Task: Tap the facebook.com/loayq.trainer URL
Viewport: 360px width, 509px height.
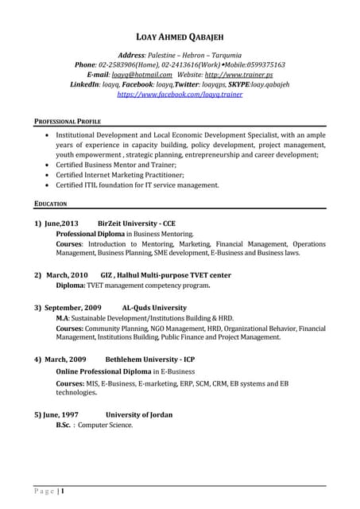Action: pyautogui.click(x=180, y=94)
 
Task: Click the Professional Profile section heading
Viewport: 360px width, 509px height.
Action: pyautogui.click(x=67, y=121)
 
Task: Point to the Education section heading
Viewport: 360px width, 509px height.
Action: pyautogui.click(x=50, y=204)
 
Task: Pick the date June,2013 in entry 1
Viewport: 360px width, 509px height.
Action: pyautogui.click(x=61, y=224)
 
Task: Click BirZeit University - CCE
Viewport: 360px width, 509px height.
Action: pyautogui.click(x=137, y=224)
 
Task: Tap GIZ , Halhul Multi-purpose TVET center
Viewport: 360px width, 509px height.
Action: pyautogui.click(x=166, y=274)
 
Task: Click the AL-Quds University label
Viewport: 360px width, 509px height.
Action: pyautogui.click(x=154, y=307)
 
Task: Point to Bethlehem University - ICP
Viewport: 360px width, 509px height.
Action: pyautogui.click(x=149, y=359)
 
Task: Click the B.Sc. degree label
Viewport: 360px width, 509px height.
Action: pyautogui.click(x=64, y=425)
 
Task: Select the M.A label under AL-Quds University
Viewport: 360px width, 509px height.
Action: pyautogui.click(x=62, y=317)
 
